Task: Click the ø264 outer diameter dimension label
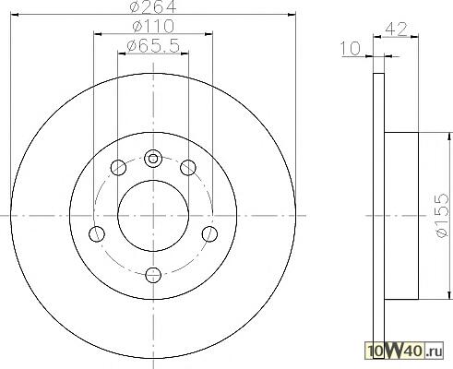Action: click(153, 6)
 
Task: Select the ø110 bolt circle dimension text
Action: click(153, 26)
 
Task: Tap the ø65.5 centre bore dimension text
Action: click(153, 46)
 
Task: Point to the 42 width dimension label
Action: click(396, 30)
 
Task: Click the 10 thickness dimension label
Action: click(351, 49)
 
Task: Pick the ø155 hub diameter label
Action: click(442, 215)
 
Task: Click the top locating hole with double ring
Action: click(153, 159)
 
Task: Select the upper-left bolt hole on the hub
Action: click(118, 168)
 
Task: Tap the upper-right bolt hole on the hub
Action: click(188, 168)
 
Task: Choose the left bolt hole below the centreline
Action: click(97, 234)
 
